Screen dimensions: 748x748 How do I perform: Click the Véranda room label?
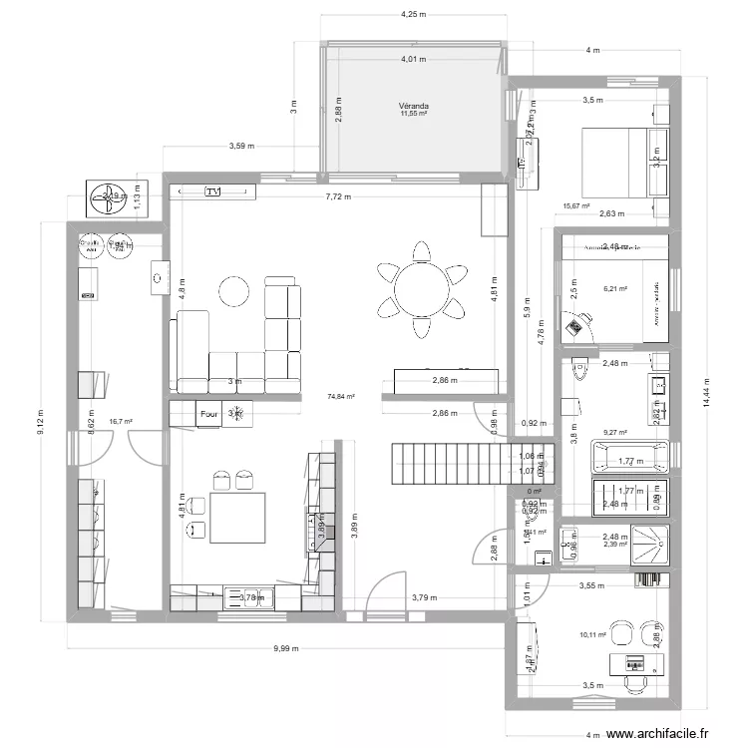coord(413,105)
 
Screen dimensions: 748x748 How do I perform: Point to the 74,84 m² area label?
coord(341,397)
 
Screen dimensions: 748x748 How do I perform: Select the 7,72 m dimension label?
coord(338,197)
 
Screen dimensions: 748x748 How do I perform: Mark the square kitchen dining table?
coord(238,518)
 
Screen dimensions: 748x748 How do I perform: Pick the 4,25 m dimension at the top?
coord(413,15)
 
